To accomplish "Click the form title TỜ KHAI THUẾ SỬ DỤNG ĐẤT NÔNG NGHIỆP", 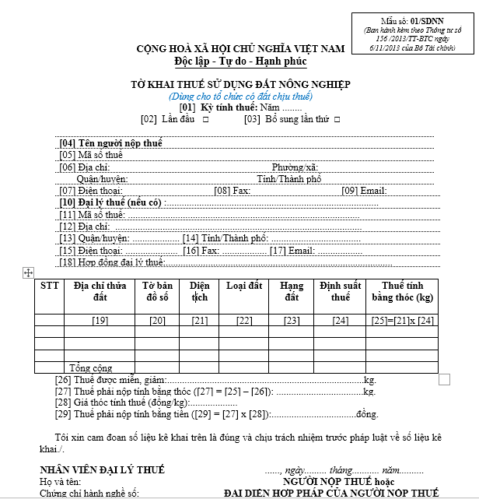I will tap(241, 84).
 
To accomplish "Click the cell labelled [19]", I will tap(100, 321).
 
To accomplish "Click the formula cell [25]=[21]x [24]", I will tap(402, 321).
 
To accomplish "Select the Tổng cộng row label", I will tap(91, 367).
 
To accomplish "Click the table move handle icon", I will tap(28, 272).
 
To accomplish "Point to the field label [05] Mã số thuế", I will tap(91, 155).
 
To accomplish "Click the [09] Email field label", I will tap(364, 191).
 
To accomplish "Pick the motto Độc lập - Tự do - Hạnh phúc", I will tap(240, 61).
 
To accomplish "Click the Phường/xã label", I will tap(295, 167).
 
